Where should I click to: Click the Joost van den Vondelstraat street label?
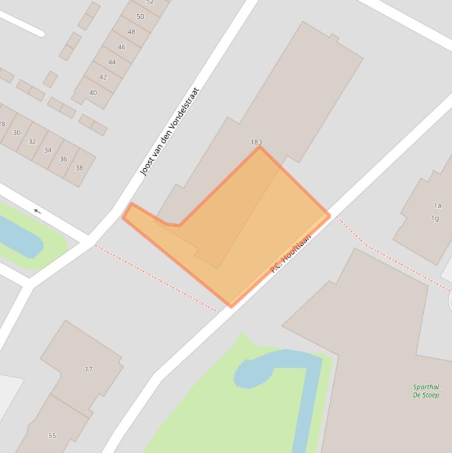(170, 132)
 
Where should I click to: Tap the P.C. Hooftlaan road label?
(290, 254)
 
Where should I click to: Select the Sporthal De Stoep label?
(426, 391)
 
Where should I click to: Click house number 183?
(256, 142)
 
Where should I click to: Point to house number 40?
(93, 93)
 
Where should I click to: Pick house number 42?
(103, 77)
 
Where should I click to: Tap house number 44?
(112, 62)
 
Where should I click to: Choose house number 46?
(121, 47)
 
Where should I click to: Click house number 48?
(131, 32)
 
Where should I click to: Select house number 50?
(140, 16)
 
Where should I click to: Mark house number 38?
(79, 168)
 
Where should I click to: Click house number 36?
(63, 159)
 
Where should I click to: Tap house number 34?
(48, 150)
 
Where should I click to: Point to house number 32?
(32, 141)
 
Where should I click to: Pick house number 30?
(16, 132)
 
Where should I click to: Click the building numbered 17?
(88, 369)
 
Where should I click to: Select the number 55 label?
(52, 436)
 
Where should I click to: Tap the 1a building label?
(437, 206)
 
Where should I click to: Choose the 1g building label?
(435, 218)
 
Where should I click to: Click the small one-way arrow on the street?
(37, 211)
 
